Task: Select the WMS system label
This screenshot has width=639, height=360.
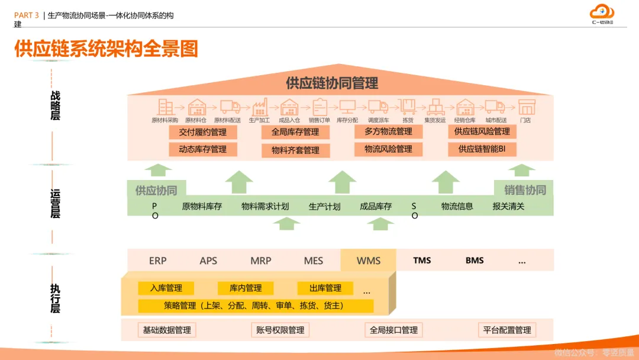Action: pyautogui.click(x=369, y=261)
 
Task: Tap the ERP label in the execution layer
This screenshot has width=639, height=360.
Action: pyautogui.click(x=158, y=261)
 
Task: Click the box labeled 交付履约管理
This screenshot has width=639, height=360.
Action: pyautogui.click(x=203, y=132)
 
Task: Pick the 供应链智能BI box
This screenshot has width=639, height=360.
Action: pyautogui.click(x=482, y=149)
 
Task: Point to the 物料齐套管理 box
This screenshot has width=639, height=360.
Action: pyautogui.click(x=295, y=150)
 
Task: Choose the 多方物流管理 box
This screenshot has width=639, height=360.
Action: pyautogui.click(x=388, y=131)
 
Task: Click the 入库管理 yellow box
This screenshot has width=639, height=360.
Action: pyautogui.click(x=166, y=288)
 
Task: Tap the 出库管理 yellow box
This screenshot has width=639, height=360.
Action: pyautogui.click(x=325, y=288)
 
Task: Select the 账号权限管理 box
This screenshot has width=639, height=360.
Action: pyautogui.click(x=280, y=330)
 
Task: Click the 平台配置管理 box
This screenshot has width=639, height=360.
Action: pyautogui.click(x=507, y=330)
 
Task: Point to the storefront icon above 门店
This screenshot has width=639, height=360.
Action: pyautogui.click(x=526, y=107)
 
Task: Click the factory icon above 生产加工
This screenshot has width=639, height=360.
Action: pyautogui.click(x=260, y=107)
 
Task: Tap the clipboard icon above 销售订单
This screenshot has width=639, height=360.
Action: pyautogui.click(x=319, y=107)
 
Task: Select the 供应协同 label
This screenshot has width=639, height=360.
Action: pyautogui.click(x=156, y=190)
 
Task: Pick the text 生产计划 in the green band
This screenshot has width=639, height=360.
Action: pyautogui.click(x=325, y=207)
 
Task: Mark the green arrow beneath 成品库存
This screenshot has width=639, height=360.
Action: pyautogui.click(x=380, y=223)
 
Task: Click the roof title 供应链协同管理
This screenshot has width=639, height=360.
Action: pyautogui.click(x=332, y=83)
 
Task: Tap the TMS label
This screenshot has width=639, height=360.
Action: pyautogui.click(x=422, y=261)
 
